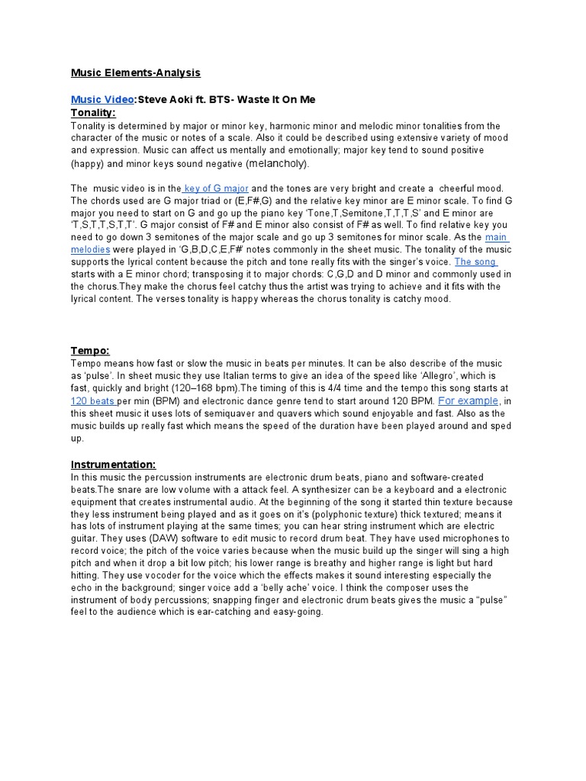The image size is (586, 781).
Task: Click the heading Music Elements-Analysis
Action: [x=136, y=72]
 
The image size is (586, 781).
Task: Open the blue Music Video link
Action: [x=103, y=100]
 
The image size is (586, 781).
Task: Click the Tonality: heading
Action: [x=93, y=113]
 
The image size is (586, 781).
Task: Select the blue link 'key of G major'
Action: [x=215, y=188]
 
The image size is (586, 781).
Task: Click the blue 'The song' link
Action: [x=476, y=262]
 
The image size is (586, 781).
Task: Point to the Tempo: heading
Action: [x=91, y=350]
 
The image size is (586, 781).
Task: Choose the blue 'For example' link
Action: [x=468, y=400]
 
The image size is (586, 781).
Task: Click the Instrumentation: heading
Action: [x=114, y=464]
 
